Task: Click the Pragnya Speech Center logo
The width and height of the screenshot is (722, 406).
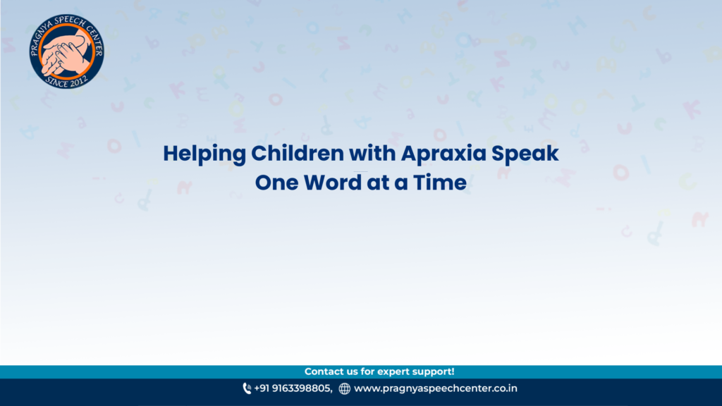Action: (66, 51)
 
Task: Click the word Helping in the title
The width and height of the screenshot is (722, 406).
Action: (204, 154)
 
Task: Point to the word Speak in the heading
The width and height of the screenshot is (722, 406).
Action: (525, 154)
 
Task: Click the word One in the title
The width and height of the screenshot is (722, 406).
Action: (276, 183)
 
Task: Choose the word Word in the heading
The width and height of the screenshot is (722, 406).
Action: (333, 183)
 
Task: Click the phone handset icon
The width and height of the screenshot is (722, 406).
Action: (247, 388)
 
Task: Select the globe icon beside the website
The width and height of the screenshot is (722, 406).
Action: (344, 389)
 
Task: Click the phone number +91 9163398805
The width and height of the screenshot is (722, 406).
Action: (293, 388)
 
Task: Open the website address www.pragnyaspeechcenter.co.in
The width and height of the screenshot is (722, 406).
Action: (436, 388)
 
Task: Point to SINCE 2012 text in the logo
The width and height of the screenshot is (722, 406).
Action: (66, 82)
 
